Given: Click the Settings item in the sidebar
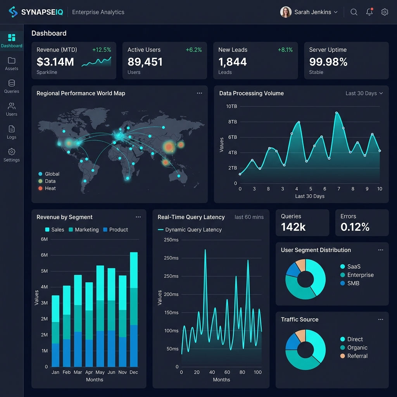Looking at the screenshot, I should pos(12,155).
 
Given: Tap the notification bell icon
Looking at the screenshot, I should pos(369,12).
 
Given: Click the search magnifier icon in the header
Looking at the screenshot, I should pos(354,12).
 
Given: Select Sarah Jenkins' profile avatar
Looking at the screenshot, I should pos(286,12).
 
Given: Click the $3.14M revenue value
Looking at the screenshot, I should pos(55,62).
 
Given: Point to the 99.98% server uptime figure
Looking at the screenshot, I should pos(328,62).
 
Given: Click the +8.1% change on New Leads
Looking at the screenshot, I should pos(285,50).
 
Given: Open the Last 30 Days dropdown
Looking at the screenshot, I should pos(364,93).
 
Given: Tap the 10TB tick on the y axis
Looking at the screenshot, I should pos(231,106).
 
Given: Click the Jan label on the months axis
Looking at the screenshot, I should pos(55,372).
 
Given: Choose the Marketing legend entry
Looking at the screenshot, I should pos(83,230).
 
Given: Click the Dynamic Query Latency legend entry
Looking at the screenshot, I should pos(190,230).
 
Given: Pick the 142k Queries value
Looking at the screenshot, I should pos(293,227).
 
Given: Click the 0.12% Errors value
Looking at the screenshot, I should pos(355,227).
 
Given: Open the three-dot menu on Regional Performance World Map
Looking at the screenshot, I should pos(199,93).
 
